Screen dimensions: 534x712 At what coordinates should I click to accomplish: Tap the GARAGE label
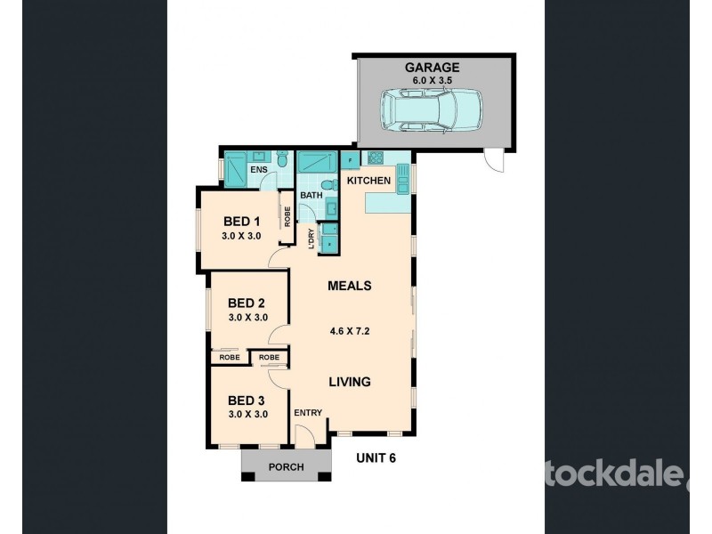point(434,67)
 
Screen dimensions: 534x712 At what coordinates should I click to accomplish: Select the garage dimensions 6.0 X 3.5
point(434,79)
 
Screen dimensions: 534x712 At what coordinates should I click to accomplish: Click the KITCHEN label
point(368,181)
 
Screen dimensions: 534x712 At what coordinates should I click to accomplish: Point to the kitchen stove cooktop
point(376,159)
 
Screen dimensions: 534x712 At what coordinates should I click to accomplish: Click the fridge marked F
point(350,160)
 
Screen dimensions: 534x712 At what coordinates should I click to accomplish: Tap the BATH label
point(311,195)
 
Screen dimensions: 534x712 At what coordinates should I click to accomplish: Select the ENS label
point(258,169)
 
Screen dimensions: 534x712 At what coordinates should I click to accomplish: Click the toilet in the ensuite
point(281,161)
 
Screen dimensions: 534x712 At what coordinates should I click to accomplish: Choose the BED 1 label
point(241,222)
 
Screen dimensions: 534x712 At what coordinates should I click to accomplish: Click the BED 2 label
point(247,302)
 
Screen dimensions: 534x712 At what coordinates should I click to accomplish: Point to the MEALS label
point(349,286)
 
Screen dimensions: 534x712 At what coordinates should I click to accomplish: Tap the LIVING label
point(349,382)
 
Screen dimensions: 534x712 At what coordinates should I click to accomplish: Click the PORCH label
point(286,467)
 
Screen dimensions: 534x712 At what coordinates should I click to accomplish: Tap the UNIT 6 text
point(376,458)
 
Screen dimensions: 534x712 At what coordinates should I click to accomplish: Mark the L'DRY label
point(311,239)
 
